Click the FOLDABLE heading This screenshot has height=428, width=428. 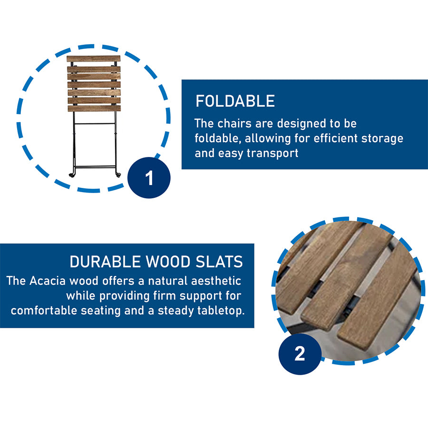click(235, 101)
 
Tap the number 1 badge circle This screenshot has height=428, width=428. click(149, 178)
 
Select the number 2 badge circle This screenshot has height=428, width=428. click(300, 354)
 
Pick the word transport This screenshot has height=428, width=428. click(272, 153)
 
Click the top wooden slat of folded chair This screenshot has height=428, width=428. click(94, 58)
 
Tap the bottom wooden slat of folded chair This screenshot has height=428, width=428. click(94, 108)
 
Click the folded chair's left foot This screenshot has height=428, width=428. click(72, 175)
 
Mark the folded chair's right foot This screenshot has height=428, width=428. click(118, 175)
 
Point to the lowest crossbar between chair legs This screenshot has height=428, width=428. click(96, 166)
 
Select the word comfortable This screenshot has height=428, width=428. click(44, 311)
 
